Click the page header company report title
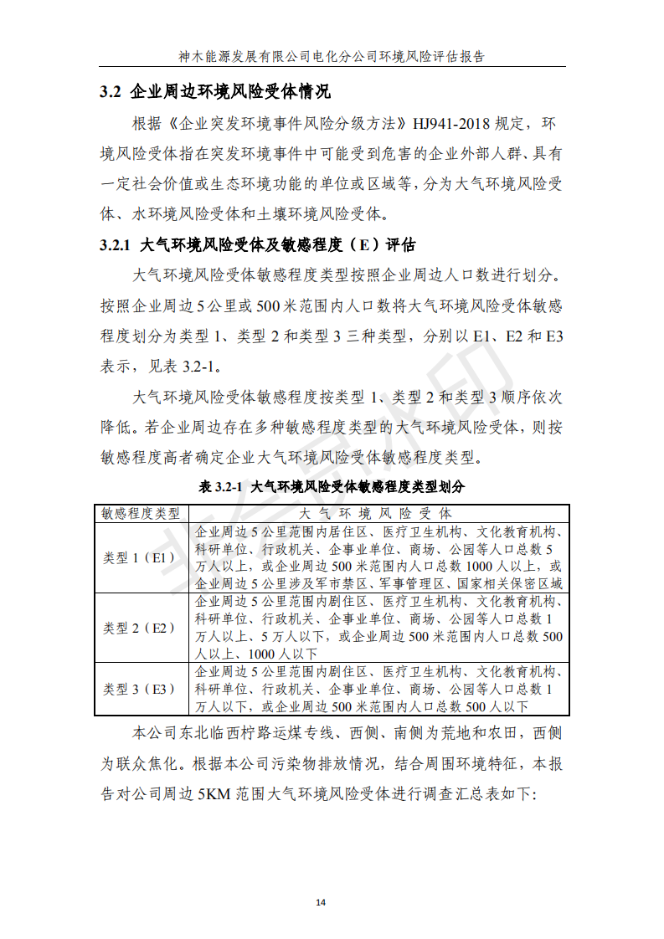pos(332,57)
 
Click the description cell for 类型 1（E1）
pos(379,557)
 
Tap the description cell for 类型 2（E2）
pos(379,628)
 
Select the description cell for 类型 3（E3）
pos(379,690)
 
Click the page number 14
pos(321,902)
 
